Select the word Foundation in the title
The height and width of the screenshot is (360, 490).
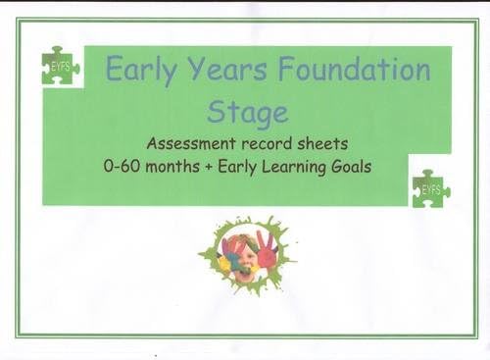click(x=355, y=70)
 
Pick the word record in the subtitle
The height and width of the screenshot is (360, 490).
click(x=260, y=143)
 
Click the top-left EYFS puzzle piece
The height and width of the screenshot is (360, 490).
click(x=60, y=67)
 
